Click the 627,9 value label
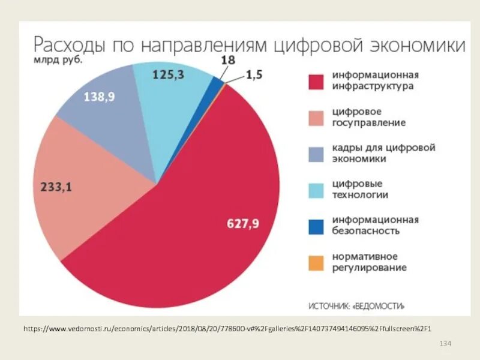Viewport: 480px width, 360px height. (x=242, y=224)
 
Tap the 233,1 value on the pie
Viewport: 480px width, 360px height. (x=56, y=187)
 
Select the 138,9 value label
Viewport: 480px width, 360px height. (x=99, y=97)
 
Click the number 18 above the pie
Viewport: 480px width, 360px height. (x=228, y=60)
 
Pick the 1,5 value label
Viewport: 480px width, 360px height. (x=254, y=75)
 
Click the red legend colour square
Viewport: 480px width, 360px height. (x=316, y=82)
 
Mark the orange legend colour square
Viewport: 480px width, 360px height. (x=316, y=262)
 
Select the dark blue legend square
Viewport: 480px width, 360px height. (x=316, y=226)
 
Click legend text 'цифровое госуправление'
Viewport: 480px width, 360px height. (x=368, y=118)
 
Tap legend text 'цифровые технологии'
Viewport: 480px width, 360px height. (x=360, y=190)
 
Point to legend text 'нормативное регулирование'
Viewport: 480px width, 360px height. (x=369, y=262)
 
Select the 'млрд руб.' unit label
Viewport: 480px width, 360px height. (x=58, y=61)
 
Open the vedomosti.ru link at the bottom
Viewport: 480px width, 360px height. (x=228, y=329)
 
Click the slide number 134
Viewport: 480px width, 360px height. (x=445, y=343)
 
